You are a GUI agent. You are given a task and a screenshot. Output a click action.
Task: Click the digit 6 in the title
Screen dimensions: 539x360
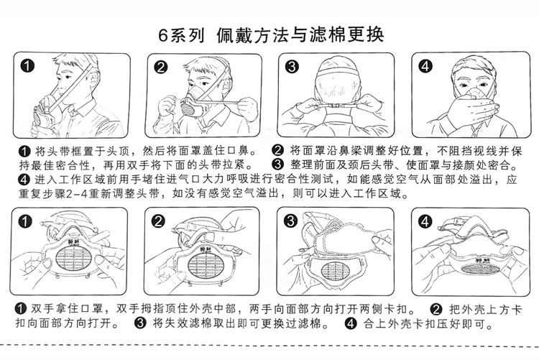[x=162, y=35]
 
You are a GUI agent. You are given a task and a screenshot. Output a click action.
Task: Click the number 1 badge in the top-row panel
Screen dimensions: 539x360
[x=27, y=65]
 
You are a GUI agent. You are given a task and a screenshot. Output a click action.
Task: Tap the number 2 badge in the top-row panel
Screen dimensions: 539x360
[x=160, y=67]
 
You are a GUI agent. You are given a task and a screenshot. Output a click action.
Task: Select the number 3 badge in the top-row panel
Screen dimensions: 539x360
[x=292, y=66]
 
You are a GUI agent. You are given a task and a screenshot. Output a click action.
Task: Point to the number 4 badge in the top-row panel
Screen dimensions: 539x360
[x=425, y=65]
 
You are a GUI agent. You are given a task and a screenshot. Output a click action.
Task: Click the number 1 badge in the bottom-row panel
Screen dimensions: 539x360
[x=24, y=221]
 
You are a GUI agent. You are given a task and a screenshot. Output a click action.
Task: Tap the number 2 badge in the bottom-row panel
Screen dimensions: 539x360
[x=158, y=221]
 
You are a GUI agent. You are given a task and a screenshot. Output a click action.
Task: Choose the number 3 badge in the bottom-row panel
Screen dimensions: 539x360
[x=290, y=221]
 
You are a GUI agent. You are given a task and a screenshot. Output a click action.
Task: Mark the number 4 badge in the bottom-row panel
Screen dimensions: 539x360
[x=425, y=221]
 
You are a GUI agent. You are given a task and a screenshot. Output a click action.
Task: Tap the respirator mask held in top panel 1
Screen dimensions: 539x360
[x=45, y=112]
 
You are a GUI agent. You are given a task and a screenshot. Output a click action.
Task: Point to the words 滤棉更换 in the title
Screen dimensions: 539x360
[x=346, y=34]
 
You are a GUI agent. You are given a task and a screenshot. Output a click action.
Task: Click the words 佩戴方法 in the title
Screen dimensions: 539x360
[x=254, y=35]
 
